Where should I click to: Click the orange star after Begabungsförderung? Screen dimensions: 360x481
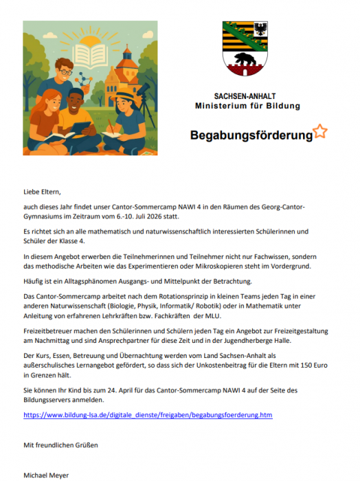pos(320,131)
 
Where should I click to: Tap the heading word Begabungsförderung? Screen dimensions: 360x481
pos(251,135)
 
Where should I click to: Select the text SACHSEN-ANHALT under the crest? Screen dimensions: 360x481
pos(247,97)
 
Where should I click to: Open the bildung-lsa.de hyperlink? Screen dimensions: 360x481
pos(148,416)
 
